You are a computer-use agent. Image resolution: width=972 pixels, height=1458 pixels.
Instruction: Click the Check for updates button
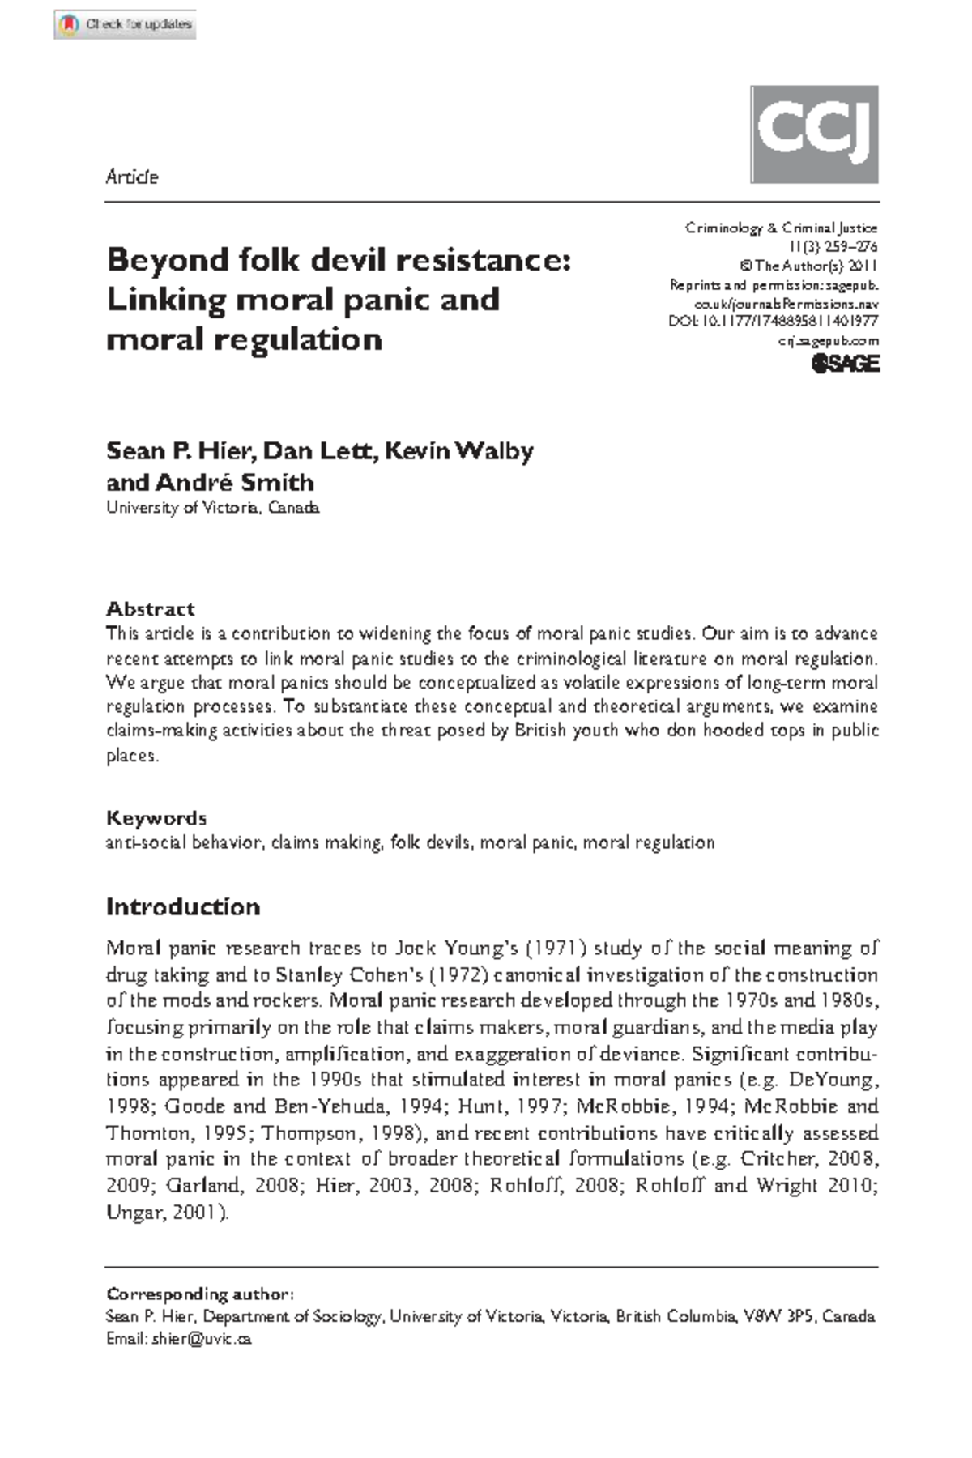(126, 24)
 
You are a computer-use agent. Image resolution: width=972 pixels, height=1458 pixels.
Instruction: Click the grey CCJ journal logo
(814, 134)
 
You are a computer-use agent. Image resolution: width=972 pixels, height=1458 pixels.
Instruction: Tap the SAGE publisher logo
(845, 364)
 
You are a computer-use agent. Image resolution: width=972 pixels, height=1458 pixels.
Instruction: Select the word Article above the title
(131, 177)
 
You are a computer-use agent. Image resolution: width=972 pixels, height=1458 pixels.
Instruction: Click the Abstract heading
(151, 608)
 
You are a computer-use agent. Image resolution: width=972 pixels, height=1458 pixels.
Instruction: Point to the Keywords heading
(156, 817)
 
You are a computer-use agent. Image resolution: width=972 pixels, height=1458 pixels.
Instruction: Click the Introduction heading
(183, 906)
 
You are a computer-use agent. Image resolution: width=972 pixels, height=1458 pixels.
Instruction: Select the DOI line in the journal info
(773, 322)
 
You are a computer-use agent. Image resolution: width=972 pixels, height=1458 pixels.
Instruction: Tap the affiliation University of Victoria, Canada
(213, 508)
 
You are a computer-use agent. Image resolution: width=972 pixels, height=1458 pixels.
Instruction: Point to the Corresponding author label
(199, 1294)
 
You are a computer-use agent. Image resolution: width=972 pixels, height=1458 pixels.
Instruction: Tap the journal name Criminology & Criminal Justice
(781, 228)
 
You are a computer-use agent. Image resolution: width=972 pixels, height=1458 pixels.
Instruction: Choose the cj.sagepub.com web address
(829, 341)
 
